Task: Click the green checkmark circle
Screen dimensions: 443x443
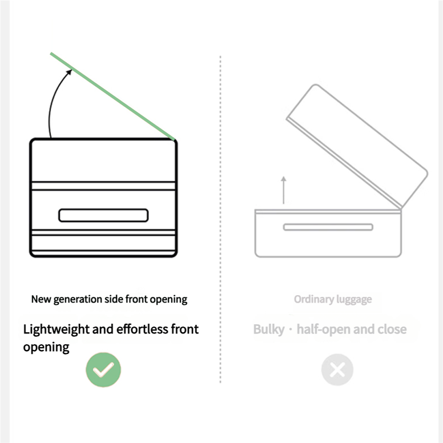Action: [x=103, y=369]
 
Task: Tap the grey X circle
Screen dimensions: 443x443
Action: [x=337, y=369]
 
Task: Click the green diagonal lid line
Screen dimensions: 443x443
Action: [x=112, y=96]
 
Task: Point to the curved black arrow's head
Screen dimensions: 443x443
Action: [x=69, y=73]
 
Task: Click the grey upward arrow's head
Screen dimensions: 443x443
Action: [x=284, y=179]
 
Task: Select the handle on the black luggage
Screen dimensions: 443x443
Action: [x=103, y=215]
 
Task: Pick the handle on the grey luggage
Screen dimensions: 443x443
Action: [x=328, y=227]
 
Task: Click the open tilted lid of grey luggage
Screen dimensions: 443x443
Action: [x=357, y=146]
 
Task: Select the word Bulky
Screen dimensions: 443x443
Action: [x=269, y=329]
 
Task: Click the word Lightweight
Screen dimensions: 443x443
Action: [x=56, y=330]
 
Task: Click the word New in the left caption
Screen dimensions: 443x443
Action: [x=41, y=299]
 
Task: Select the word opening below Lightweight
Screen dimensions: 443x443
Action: [x=46, y=348]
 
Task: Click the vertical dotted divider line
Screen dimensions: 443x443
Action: [x=220, y=219]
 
